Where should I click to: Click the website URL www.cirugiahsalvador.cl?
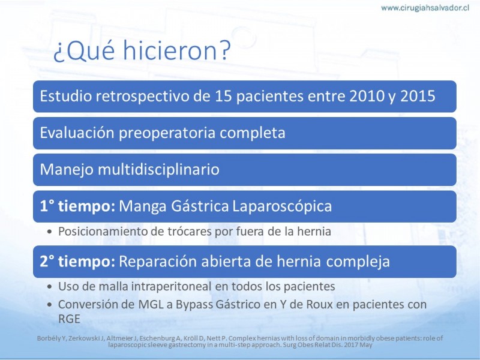[x=425, y=8]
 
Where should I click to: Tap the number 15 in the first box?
[x=223, y=96]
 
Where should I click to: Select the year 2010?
[x=367, y=96]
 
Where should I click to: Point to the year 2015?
[x=418, y=96]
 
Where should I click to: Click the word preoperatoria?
[x=167, y=133]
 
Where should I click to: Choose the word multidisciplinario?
[x=158, y=169]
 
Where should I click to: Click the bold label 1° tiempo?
[x=77, y=206]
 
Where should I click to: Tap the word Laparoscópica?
[x=282, y=206]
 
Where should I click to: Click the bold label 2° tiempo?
[x=77, y=262]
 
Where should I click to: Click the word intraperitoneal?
[x=172, y=287]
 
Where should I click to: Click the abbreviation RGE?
[x=69, y=319]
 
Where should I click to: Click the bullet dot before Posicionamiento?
[x=50, y=232]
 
